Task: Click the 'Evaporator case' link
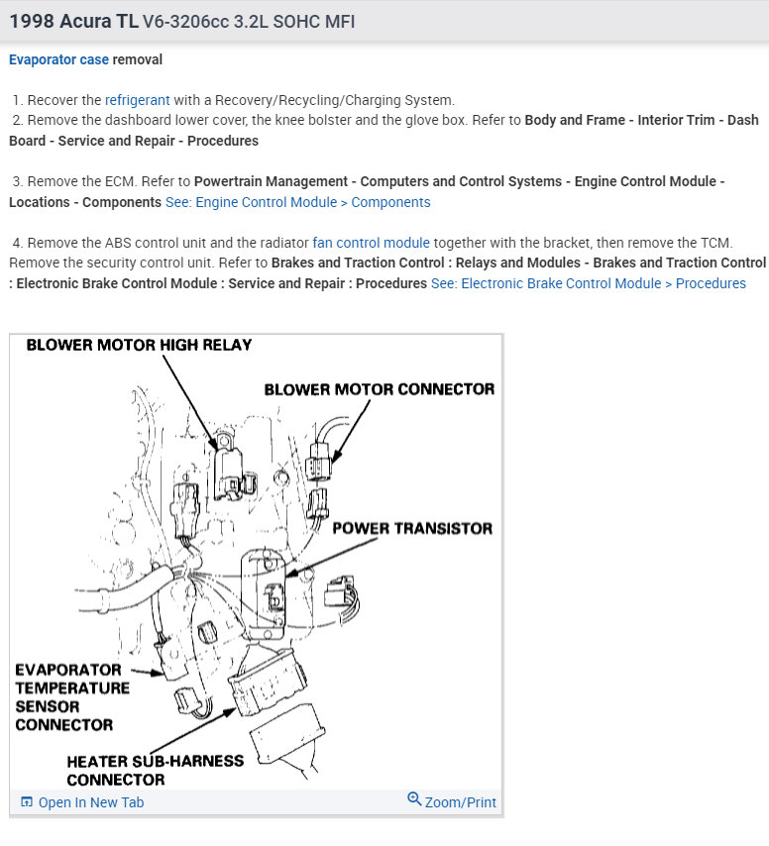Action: point(58,59)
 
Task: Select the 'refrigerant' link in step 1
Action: point(138,100)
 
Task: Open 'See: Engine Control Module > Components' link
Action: point(297,202)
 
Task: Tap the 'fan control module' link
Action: point(371,243)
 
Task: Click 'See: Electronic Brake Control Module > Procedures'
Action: point(589,283)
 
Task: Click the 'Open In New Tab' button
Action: point(82,802)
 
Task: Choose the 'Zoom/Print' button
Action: point(452,801)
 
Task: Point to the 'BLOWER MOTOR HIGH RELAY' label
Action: point(139,345)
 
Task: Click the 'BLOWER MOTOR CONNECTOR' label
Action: point(379,389)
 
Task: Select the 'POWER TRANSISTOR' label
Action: point(411,528)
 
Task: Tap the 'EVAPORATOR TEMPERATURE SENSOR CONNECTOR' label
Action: point(71,697)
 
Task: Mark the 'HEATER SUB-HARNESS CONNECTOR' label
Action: point(155,770)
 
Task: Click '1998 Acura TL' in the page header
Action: point(73,21)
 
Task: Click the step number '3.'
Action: point(18,182)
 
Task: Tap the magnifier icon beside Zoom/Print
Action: point(414,799)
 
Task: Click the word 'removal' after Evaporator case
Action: point(138,59)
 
